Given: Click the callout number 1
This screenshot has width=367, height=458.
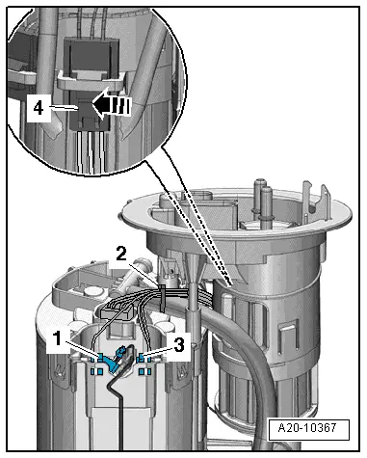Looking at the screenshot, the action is click(x=58, y=338).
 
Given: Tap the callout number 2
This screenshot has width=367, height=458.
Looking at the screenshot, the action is click(x=120, y=255).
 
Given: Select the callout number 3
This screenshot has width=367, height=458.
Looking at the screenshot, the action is click(x=179, y=345).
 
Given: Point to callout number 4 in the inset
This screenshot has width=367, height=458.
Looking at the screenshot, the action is click(x=39, y=108).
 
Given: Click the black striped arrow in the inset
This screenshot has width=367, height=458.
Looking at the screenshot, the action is click(x=112, y=106).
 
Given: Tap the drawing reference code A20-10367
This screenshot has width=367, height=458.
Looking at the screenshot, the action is click(x=307, y=428).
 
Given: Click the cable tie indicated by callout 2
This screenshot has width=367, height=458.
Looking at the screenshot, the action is click(x=162, y=297).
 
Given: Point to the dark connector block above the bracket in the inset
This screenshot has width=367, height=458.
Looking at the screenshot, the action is click(x=92, y=55).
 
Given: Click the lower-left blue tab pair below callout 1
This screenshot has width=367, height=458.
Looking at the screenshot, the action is click(x=96, y=372).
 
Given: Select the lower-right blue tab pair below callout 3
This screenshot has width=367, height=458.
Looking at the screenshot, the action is click(x=144, y=372).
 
